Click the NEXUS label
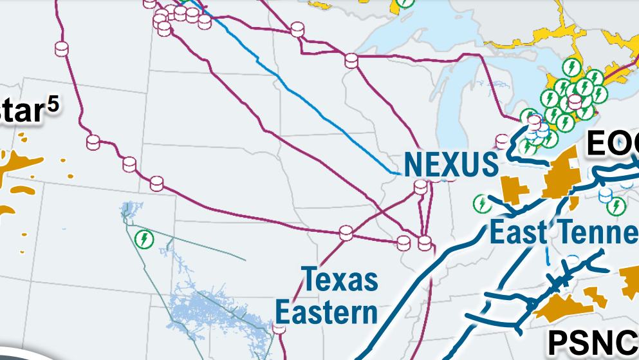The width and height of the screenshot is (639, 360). [450, 165]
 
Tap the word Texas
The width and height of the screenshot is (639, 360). [340, 280]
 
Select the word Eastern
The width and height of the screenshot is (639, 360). [326, 313]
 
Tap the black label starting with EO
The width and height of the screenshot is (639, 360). [611, 144]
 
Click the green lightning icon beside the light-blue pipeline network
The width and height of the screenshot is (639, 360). [145, 239]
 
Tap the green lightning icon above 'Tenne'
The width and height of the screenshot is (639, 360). [616, 205]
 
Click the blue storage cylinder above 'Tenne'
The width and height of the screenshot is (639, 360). [606, 194]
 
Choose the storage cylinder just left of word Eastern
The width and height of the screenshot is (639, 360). [279, 328]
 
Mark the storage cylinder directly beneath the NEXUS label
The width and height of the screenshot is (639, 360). [420, 187]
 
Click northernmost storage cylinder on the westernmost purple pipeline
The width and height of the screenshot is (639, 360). [62, 49]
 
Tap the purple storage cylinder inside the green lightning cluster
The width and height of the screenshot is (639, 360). [575, 102]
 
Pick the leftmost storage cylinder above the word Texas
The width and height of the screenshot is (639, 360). [346, 232]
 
